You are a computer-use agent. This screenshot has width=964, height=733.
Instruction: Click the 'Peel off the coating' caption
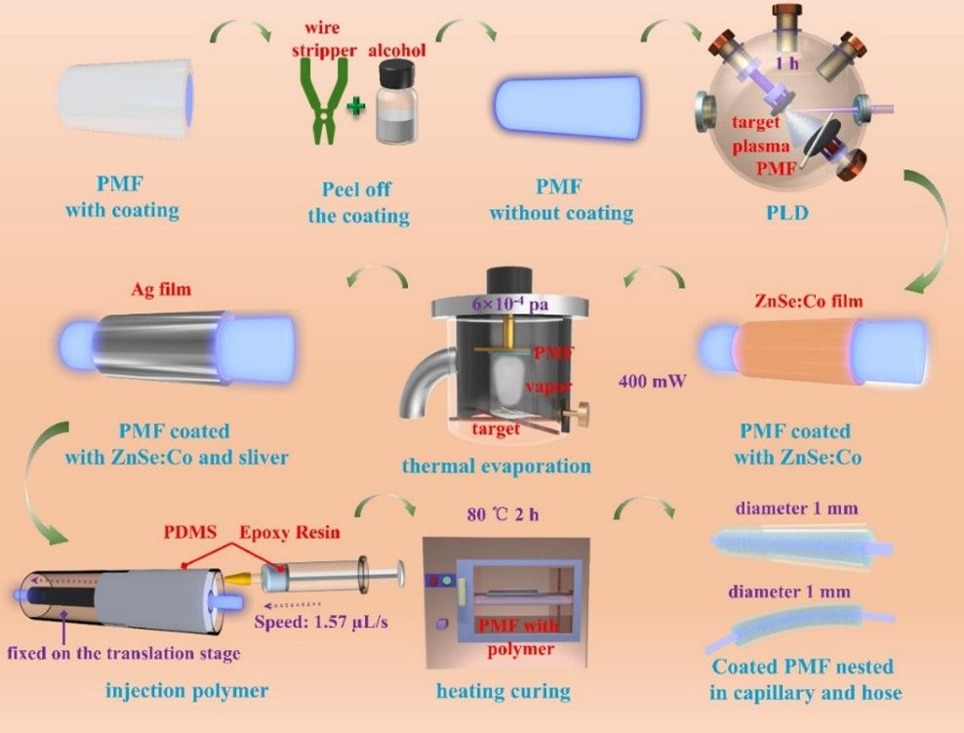pyautogui.click(x=358, y=203)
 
